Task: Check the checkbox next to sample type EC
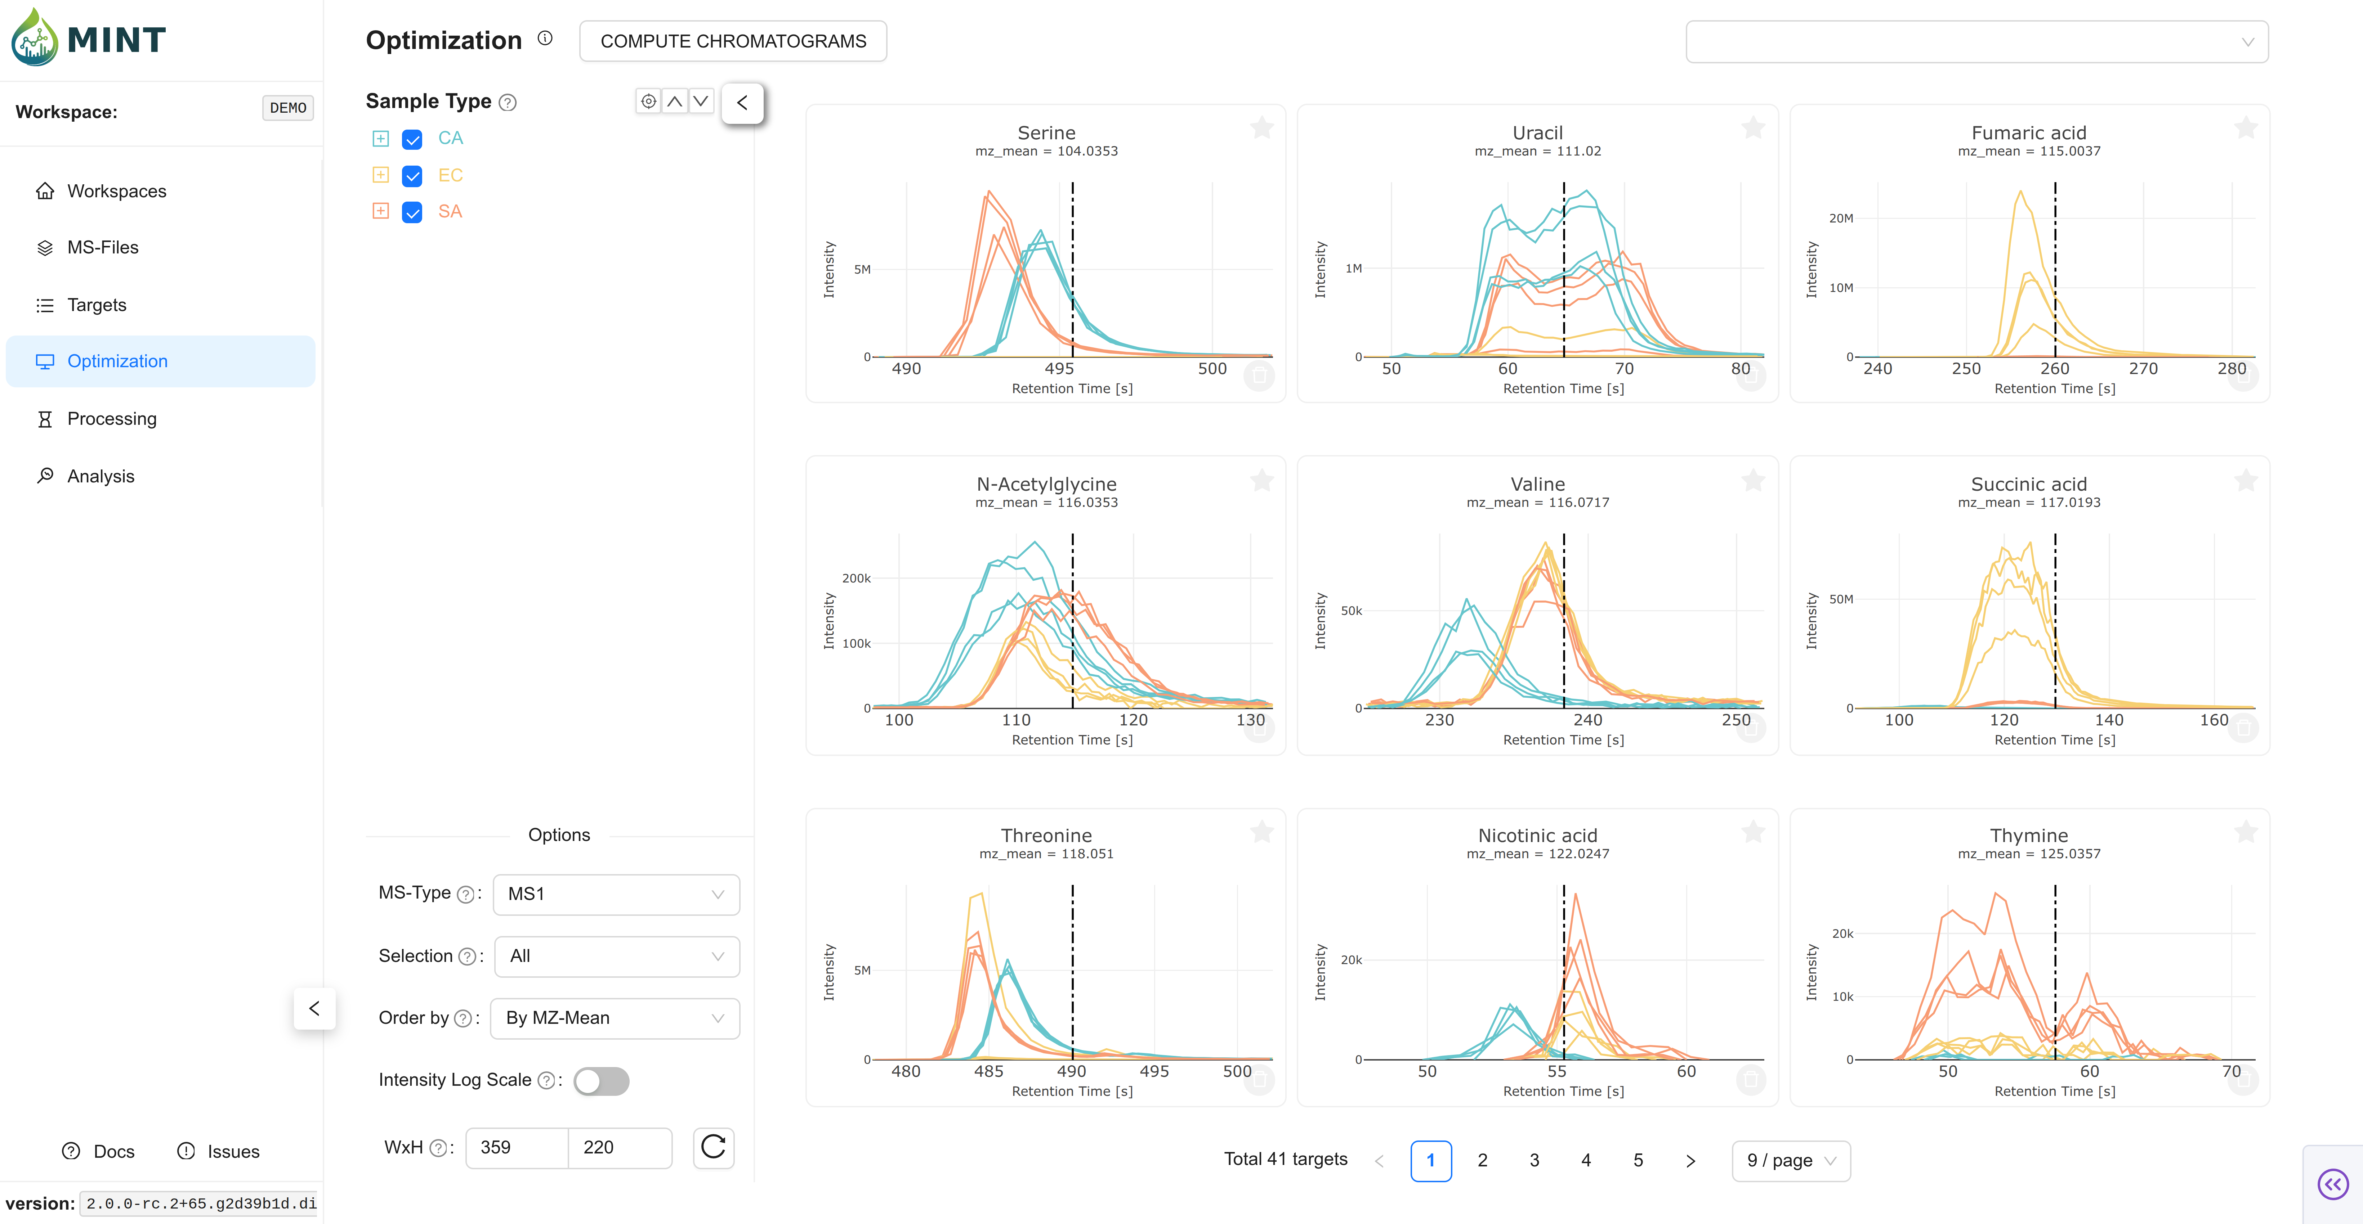click(412, 175)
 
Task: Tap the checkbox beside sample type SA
click(412, 212)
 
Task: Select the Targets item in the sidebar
click(96, 305)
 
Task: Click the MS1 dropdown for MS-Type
click(616, 894)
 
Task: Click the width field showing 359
click(515, 1147)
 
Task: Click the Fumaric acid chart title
click(2028, 133)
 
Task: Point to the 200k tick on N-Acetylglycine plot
click(856, 579)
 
